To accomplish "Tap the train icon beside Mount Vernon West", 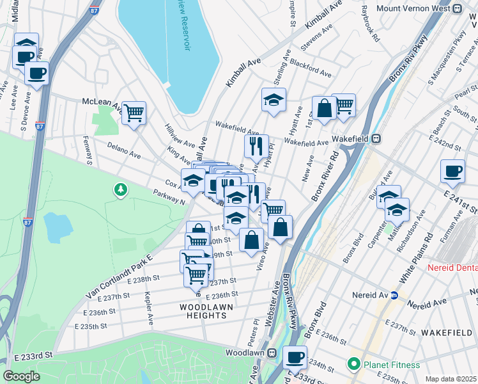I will (456, 9).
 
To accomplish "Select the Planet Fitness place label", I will (392, 365).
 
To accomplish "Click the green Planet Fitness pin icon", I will (353, 364).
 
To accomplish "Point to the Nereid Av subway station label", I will (370, 296).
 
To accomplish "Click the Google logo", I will (20, 376).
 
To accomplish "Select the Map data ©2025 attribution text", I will (451, 379).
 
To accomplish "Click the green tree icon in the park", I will (119, 189).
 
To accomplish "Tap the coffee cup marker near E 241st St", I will (453, 172).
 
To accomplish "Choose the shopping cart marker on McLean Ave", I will (134, 113).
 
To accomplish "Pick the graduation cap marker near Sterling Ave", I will (273, 100).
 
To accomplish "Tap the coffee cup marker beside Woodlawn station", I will (295, 357).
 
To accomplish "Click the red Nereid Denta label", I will (452, 267).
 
